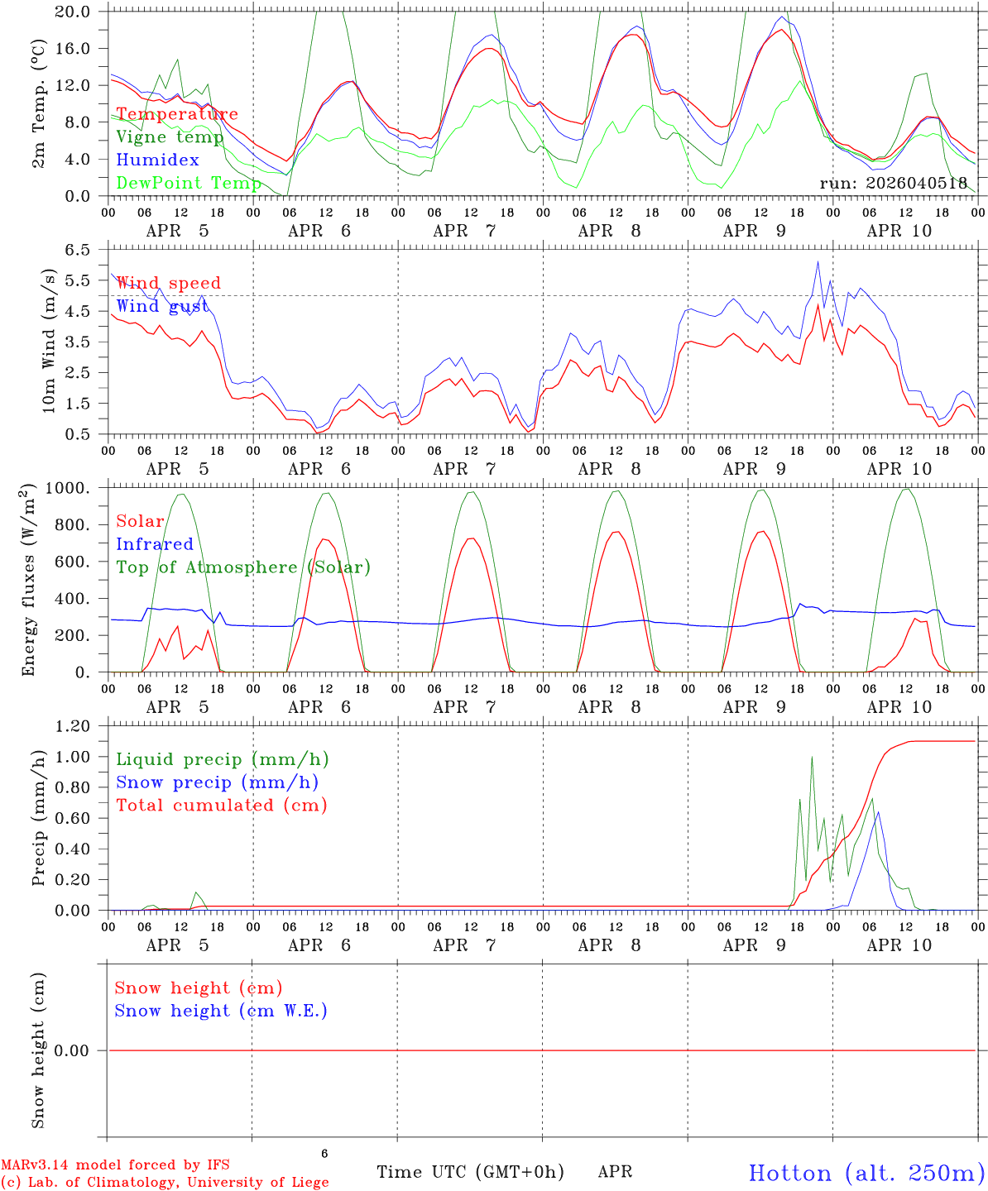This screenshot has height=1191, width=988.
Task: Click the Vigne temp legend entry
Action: click(x=170, y=137)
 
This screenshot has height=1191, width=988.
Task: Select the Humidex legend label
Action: click(x=157, y=160)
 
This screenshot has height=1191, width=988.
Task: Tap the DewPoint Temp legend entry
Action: click(x=189, y=183)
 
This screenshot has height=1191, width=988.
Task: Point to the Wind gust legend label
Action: click(x=162, y=306)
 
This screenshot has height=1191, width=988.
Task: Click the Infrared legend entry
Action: click(x=155, y=544)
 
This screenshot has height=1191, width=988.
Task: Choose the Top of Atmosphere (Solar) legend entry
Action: click(x=243, y=567)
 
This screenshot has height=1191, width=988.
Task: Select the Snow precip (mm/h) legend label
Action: click(x=217, y=782)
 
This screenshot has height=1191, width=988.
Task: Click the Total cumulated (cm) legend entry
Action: click(x=222, y=805)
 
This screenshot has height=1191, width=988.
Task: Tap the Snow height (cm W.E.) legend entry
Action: click(x=221, y=1011)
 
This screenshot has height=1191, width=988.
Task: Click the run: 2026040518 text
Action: click(x=894, y=183)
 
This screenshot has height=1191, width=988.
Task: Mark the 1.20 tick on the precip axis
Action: click(x=73, y=726)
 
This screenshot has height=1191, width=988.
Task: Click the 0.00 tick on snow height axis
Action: click(x=73, y=1050)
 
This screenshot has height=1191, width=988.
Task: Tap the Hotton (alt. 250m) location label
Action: click(x=866, y=1173)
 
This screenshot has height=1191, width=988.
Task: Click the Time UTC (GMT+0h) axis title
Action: click(x=470, y=1172)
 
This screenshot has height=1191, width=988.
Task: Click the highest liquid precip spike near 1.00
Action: click(x=812, y=757)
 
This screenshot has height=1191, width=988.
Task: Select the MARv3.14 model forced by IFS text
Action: click(x=116, y=1165)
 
